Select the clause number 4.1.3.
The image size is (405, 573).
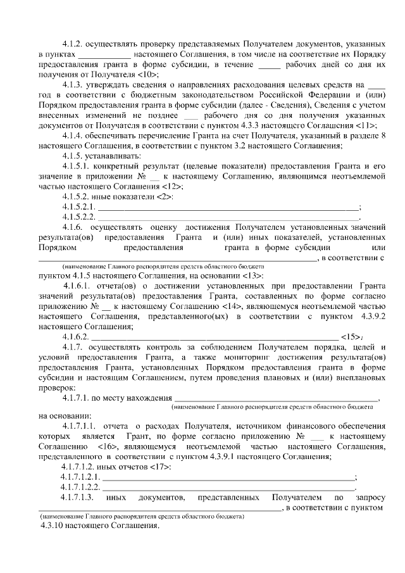[73, 85]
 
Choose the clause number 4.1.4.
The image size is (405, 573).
[73, 135]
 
